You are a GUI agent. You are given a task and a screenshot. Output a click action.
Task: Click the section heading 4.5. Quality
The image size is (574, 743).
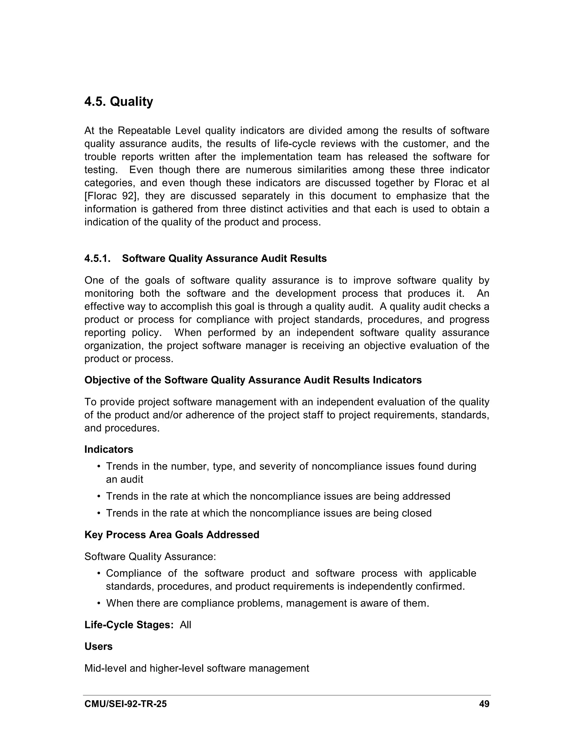point(119,101)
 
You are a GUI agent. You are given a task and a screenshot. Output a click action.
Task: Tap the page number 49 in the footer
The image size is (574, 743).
point(484,704)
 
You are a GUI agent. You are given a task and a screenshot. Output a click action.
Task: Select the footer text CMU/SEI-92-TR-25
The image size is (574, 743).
point(126,704)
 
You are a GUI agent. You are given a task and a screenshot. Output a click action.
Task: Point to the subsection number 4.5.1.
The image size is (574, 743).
point(97,259)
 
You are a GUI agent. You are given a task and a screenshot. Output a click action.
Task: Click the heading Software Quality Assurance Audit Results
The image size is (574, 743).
point(224,259)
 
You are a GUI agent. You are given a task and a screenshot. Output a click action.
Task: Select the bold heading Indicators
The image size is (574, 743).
point(108,449)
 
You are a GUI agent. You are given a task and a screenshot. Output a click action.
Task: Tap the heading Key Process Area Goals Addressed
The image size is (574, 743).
point(172,534)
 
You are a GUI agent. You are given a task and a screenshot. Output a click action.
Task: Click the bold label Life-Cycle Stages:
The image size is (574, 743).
point(129,625)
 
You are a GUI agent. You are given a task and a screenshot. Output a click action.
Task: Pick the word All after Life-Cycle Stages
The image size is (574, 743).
point(185,625)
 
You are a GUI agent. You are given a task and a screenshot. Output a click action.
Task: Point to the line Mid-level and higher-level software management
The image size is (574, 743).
point(196,668)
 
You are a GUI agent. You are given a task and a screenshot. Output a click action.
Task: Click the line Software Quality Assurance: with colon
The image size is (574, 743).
point(150,557)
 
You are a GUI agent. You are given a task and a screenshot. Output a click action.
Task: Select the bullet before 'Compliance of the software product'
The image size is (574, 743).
point(99,574)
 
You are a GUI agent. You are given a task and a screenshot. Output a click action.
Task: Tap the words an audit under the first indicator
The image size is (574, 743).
point(124,479)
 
